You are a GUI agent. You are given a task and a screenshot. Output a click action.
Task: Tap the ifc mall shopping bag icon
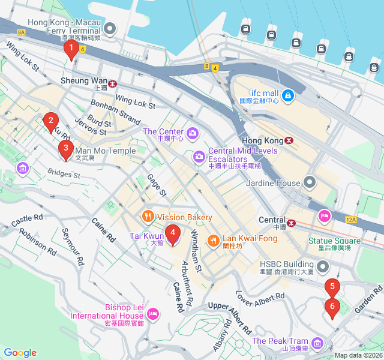[x=288, y=95]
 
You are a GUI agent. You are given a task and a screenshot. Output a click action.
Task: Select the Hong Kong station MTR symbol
[x=289, y=140]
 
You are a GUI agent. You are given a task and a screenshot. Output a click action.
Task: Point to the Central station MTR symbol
[x=292, y=223]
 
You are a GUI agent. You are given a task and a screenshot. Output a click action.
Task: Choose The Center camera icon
[x=192, y=132]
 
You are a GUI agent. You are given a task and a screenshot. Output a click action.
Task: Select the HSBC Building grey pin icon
[x=323, y=266]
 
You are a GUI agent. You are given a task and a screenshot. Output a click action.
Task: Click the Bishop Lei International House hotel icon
[x=153, y=313]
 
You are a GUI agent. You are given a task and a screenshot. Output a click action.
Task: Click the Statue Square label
[x=334, y=241]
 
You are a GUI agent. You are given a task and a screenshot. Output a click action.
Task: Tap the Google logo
[x=20, y=353]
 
